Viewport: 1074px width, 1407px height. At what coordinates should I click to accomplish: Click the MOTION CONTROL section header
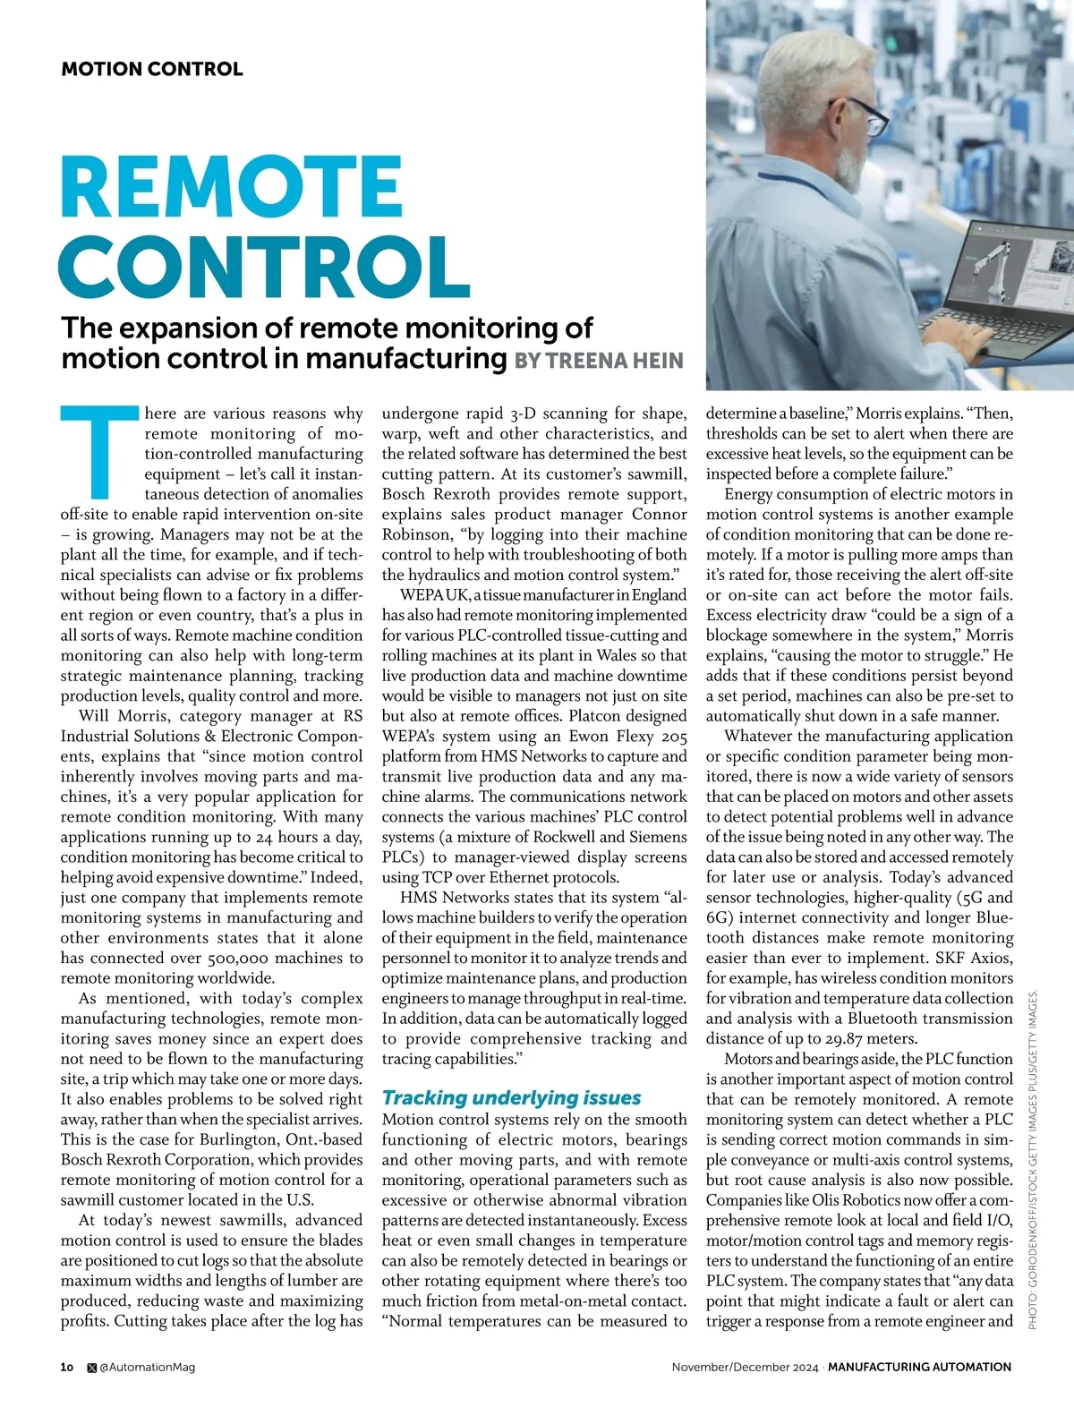[x=151, y=69]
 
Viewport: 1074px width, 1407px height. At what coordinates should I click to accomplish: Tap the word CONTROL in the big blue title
[x=264, y=266]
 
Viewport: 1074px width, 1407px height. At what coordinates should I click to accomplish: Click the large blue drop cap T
[x=101, y=452]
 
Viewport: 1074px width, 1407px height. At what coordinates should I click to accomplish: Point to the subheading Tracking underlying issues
[x=511, y=1097]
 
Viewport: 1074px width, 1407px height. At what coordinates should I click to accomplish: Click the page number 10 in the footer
[x=67, y=1367]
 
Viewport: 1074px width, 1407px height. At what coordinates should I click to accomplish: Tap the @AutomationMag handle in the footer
[x=147, y=1367]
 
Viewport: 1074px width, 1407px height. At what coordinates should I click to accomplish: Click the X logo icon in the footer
[x=91, y=1367]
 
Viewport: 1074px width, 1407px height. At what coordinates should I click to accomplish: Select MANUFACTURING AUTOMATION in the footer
[x=919, y=1367]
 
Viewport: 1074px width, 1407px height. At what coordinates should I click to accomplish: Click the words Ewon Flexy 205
[x=626, y=736]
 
